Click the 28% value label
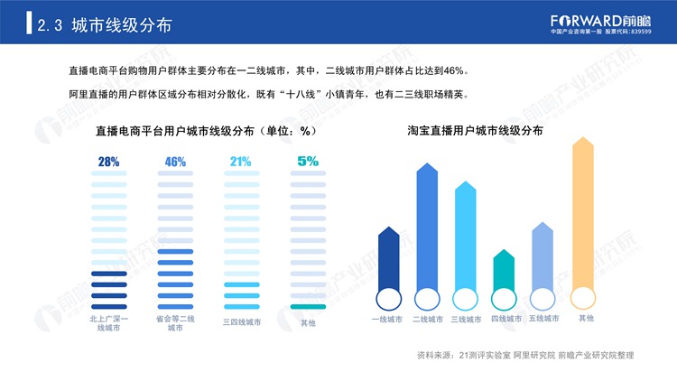pyautogui.click(x=108, y=162)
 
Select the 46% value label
pyautogui.click(x=175, y=162)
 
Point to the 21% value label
pyautogui.click(x=240, y=162)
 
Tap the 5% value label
pyautogui.click(x=308, y=161)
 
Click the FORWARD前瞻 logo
pyautogui.click(x=600, y=23)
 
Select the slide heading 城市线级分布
pyautogui.click(x=122, y=25)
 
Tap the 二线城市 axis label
pyautogui.click(x=428, y=320)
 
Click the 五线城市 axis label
pyautogui.click(x=543, y=319)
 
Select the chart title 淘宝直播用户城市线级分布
pyautogui.click(x=475, y=130)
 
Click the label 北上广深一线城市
pyautogui.click(x=109, y=323)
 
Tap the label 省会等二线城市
pyautogui.click(x=175, y=323)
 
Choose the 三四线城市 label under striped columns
pyautogui.click(x=242, y=322)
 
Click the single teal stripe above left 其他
pyautogui.click(x=308, y=307)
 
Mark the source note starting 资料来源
pyautogui.click(x=525, y=355)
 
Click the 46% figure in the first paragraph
pyautogui.click(x=454, y=70)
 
